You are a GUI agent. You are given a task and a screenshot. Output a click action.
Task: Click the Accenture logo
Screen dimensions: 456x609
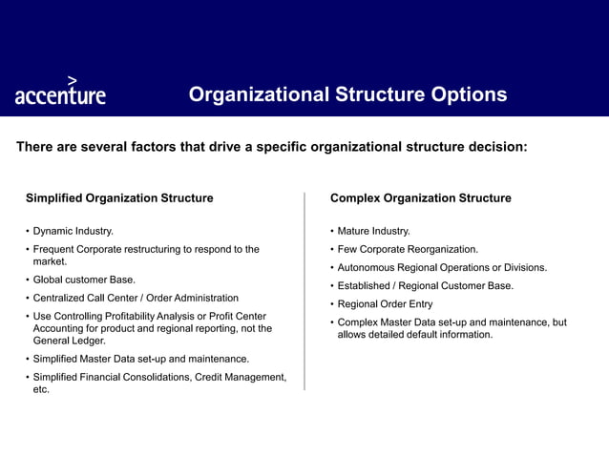tap(60, 93)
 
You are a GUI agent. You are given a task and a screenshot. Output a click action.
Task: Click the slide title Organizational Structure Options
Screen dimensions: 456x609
tap(347, 94)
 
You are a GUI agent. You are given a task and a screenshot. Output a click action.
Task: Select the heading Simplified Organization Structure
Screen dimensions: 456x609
tap(119, 198)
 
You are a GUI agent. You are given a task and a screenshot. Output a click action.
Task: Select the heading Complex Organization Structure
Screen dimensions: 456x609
tap(420, 198)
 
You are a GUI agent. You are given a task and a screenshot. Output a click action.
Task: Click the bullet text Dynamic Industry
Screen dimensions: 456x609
tap(73, 231)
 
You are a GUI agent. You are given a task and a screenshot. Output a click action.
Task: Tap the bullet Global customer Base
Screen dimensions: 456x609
tap(84, 280)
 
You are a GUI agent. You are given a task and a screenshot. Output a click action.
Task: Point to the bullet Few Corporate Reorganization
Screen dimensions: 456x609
tap(408, 249)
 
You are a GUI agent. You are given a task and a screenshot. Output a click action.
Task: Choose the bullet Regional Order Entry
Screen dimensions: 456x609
tap(385, 304)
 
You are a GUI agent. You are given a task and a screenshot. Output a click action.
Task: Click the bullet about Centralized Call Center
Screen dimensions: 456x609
tap(136, 298)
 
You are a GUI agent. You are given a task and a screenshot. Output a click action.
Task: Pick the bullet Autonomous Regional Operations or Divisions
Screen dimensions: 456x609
tap(442, 267)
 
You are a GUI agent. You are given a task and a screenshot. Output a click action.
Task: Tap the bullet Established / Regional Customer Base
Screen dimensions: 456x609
tap(426, 285)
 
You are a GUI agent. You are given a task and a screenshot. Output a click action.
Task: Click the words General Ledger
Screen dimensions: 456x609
tap(70, 341)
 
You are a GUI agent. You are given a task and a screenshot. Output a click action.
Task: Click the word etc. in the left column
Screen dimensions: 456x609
tap(41, 389)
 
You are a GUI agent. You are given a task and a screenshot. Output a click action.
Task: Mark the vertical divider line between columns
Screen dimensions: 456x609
tap(304, 291)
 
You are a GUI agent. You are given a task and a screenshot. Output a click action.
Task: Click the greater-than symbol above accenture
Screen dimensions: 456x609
tap(73, 80)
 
